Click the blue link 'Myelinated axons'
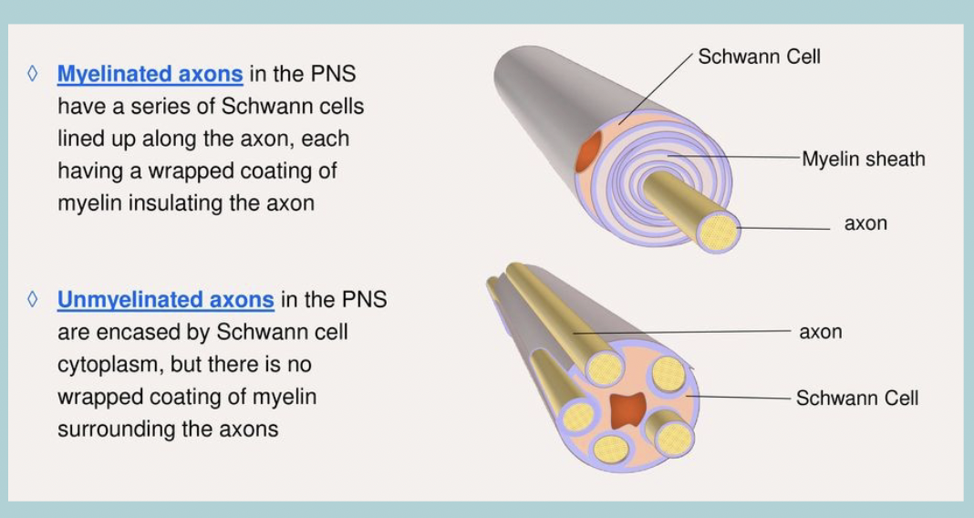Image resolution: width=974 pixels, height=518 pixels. point(150,74)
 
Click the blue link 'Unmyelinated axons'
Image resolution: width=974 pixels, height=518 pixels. point(165,299)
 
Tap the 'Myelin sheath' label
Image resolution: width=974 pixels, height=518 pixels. point(863,159)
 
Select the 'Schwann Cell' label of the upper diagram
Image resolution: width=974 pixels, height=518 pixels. point(759,57)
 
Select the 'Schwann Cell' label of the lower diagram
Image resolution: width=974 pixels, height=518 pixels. point(856,398)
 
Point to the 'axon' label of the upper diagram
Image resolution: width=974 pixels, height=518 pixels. point(865,223)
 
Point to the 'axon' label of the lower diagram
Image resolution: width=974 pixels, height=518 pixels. point(820,332)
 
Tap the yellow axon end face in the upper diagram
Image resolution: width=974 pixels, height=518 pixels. point(718,232)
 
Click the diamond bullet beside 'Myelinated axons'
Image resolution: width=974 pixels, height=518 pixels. point(33,74)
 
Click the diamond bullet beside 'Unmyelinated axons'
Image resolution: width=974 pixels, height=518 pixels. point(33,299)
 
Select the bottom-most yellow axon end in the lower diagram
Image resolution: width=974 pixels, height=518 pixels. point(610,448)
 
